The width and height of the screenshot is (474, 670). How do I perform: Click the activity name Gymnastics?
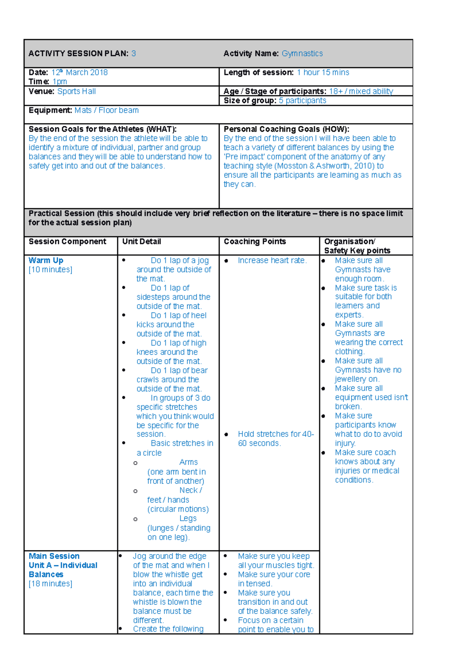click(x=302, y=54)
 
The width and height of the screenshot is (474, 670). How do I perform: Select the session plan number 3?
click(x=134, y=54)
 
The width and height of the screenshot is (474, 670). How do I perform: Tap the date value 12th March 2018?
click(x=79, y=73)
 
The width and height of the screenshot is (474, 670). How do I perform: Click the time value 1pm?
click(x=60, y=82)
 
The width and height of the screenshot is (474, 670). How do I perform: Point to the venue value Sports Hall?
click(x=76, y=92)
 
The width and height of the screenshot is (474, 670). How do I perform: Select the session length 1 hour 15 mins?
click(x=323, y=73)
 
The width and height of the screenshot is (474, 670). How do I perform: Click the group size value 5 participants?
click(x=302, y=101)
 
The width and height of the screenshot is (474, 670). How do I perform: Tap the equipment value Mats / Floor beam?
click(x=106, y=110)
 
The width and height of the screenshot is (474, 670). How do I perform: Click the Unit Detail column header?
click(x=141, y=241)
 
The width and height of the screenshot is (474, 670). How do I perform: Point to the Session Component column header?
click(x=67, y=241)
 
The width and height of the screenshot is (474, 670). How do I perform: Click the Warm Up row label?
click(x=46, y=260)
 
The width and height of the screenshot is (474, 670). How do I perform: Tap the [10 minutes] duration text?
click(x=50, y=270)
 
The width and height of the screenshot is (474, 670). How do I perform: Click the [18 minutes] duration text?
click(x=50, y=584)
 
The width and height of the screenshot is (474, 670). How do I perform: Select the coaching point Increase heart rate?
click(x=272, y=260)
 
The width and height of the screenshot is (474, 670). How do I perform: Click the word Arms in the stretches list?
click(x=188, y=462)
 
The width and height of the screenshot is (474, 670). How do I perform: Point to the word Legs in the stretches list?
click(x=188, y=518)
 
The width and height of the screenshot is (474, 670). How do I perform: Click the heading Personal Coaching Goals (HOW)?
click(x=286, y=129)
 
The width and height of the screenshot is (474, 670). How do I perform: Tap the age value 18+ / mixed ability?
click(x=361, y=92)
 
